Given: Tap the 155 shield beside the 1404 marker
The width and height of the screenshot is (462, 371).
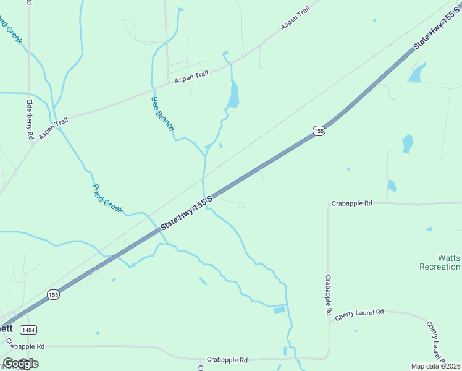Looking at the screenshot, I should pyautogui.click(x=54, y=295).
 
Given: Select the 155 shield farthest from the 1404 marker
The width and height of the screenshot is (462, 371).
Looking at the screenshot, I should pyautogui.click(x=318, y=131).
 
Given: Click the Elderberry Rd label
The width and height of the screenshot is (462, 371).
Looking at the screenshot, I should pyautogui.click(x=30, y=119).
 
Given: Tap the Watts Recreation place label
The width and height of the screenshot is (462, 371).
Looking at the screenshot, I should pyautogui.click(x=439, y=262).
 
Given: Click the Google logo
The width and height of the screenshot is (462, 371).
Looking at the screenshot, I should pyautogui.click(x=20, y=364).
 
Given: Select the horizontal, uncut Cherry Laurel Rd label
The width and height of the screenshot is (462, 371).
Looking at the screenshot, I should pyautogui.click(x=359, y=313).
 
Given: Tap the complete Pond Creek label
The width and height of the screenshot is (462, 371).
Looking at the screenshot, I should pyautogui.click(x=107, y=198).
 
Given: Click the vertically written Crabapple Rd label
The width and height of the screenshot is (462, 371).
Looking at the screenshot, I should pyautogui.click(x=329, y=296).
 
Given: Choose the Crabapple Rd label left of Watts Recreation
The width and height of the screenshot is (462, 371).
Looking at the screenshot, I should pyautogui.click(x=352, y=203).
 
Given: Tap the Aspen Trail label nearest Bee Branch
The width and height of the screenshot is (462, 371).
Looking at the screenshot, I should pyautogui.click(x=191, y=77).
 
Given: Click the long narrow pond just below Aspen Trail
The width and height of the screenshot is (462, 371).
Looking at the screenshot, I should pyautogui.click(x=233, y=94).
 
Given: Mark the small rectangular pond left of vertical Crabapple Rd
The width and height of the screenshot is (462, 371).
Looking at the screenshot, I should pyautogui.click(x=279, y=310).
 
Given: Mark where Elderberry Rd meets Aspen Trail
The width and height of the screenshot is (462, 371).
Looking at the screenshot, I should pyautogui.click(x=30, y=140).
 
